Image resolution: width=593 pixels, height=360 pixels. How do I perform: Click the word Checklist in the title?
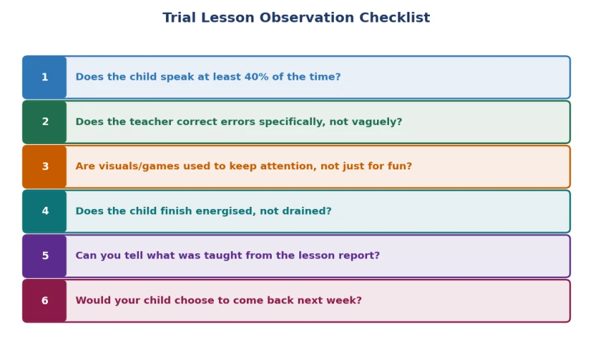pos(395,18)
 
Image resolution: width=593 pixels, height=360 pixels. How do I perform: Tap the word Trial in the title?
pos(179,18)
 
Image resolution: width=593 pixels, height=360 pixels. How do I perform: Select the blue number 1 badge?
pos(44,77)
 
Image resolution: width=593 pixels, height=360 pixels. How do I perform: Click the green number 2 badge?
pos(44,121)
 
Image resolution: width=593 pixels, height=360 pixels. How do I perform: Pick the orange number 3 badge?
pos(44,167)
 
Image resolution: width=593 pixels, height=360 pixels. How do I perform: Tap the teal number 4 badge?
pos(44,211)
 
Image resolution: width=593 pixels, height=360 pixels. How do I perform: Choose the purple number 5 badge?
pos(44,256)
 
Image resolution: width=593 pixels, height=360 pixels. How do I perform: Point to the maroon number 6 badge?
pos(44,301)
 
